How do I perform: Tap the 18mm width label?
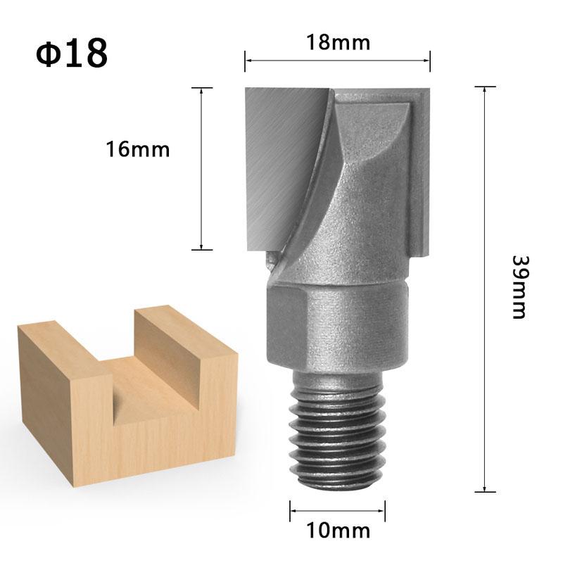[x=338, y=43]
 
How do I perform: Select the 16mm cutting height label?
[x=138, y=149]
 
